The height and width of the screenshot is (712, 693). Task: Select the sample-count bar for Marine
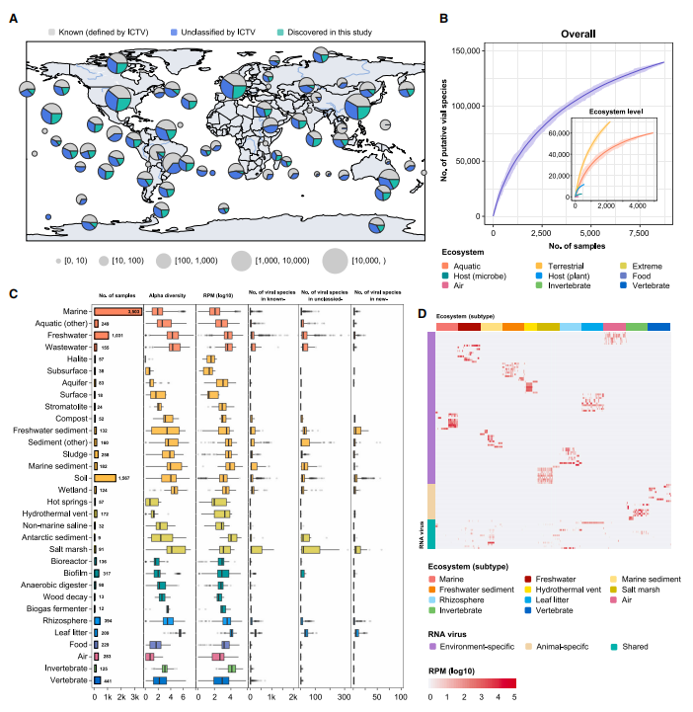119,311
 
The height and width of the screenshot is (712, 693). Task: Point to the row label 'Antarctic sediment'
57,538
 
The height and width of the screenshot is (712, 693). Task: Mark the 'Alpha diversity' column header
167,294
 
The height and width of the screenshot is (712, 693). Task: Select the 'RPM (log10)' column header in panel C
221,294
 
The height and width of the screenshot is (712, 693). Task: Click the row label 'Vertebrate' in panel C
68,680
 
